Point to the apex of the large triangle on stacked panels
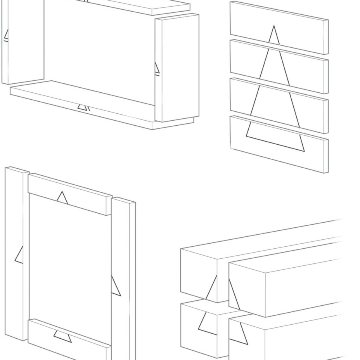pos(273,27)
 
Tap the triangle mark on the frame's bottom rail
pos(62,336)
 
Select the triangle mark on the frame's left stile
pos(19,255)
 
